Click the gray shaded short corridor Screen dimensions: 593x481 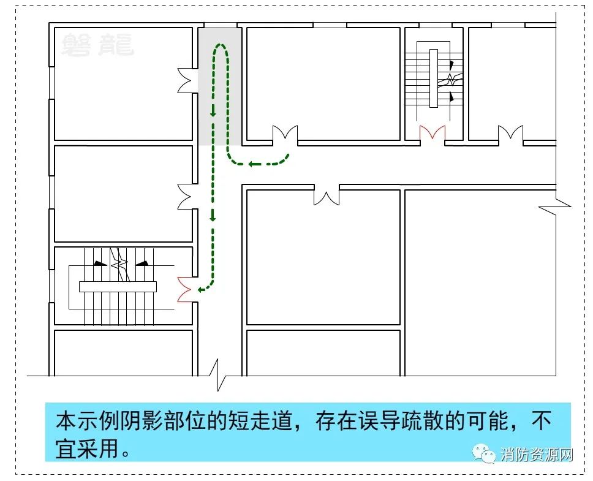pos(220,86)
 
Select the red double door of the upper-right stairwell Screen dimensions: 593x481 pos(432,134)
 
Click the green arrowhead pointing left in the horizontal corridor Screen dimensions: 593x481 pos(251,164)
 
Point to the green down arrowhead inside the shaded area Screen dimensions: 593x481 pos(213,112)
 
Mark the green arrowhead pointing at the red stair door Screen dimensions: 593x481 pos(201,290)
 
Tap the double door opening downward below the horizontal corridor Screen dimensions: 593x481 pos(327,197)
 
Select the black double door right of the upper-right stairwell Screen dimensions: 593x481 pos(510,134)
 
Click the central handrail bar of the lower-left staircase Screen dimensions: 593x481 pos(118,287)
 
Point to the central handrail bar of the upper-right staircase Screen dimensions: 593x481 pos(433,78)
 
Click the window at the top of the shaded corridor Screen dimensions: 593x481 pos(221,25)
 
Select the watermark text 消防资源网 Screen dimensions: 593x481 pos(537,454)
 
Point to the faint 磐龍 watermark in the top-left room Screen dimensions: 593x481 pos(97,45)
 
